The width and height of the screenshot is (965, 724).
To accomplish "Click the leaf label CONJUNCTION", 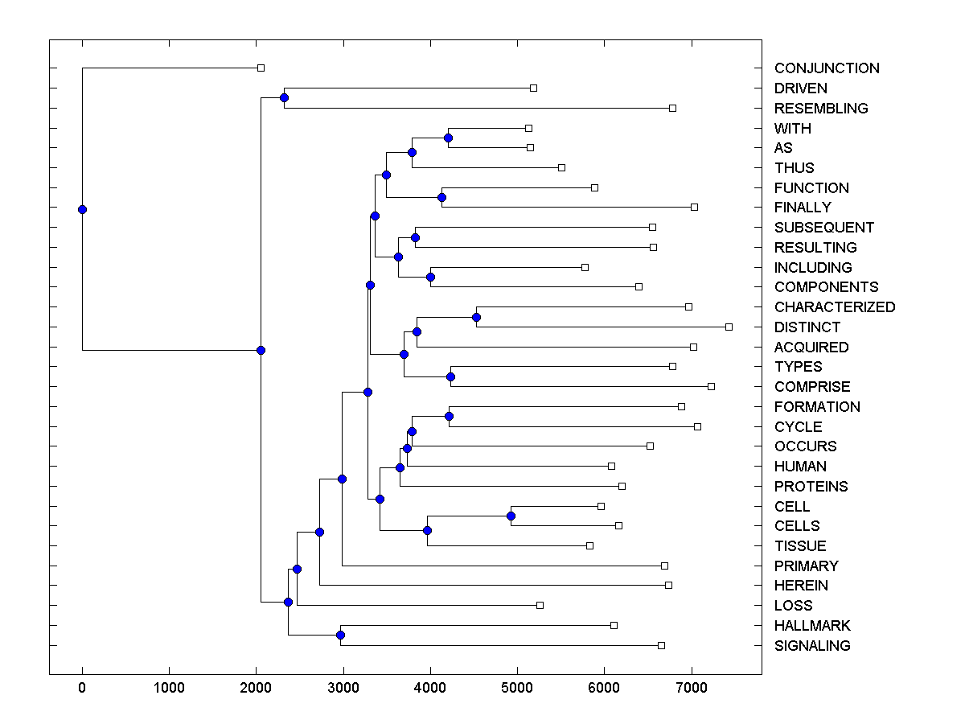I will pos(827,68).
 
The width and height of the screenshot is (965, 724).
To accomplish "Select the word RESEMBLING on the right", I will pos(821,109).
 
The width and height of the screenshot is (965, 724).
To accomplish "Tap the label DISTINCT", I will pos(807,327).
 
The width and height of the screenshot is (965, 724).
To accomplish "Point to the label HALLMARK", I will pos(812,626).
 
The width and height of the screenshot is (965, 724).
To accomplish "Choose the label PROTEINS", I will pos(811,487).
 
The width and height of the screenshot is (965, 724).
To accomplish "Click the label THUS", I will pos(795,168).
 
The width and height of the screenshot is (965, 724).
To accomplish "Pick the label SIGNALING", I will pos(812,646).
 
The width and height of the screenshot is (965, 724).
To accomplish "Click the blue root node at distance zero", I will pos(82,209).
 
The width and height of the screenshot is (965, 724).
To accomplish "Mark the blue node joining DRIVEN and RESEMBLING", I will pos(284,98).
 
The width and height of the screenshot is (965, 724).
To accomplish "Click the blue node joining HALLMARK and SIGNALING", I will pos(340,636).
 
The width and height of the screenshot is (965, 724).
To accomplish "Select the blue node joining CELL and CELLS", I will pos(511,516).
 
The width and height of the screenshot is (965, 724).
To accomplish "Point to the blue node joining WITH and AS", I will pos(448,138).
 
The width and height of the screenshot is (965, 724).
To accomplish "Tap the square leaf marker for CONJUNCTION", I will pos(261,68).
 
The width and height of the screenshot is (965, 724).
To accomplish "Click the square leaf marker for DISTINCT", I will pos(729,327).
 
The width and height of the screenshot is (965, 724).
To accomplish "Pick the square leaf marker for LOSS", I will pos(540,605).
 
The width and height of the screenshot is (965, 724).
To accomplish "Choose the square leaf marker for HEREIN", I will pos(668,585).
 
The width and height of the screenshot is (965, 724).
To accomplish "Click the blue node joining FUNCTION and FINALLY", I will pos(441,197).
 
